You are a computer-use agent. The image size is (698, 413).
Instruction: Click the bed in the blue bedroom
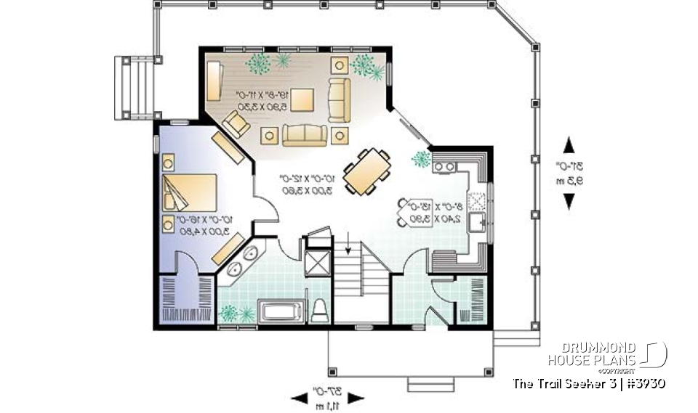[x=189, y=192]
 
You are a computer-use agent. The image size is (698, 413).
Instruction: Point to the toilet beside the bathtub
[x=320, y=311]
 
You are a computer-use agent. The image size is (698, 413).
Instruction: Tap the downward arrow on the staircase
[x=348, y=248]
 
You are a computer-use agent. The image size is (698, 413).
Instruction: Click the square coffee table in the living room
[x=303, y=99]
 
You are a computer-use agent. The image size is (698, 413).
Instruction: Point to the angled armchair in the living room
[x=236, y=124]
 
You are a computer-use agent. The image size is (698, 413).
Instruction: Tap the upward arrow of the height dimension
[x=569, y=144]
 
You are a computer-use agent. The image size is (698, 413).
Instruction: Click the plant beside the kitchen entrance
[x=421, y=158]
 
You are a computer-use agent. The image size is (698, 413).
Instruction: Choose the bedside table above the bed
[x=169, y=160]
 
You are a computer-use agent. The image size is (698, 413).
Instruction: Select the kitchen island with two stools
[x=419, y=212]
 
